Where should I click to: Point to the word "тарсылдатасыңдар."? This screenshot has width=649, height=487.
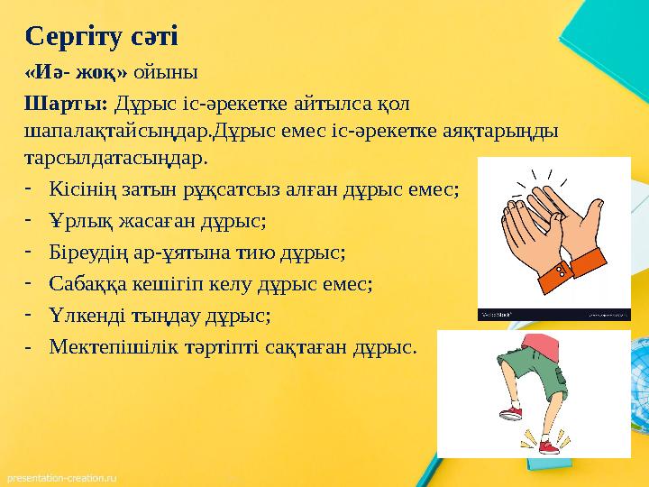click(117, 159)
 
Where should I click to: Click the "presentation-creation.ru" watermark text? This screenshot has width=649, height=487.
click(63, 473)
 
